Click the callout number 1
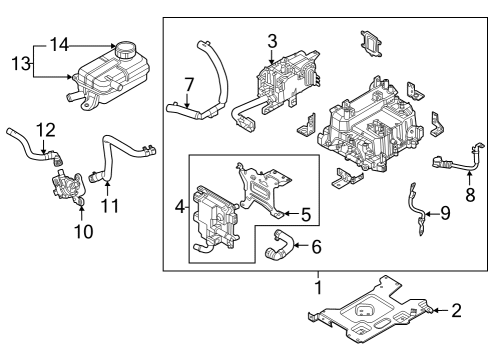tap(317, 287)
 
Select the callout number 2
tap(456, 311)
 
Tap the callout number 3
tap(271, 40)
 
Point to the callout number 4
tap(180, 207)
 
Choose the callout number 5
tap(307, 212)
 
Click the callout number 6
tap(316, 245)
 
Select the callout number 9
tap(446, 212)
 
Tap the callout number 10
tap(83, 231)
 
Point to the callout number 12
tap(45, 129)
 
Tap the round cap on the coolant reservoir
tap(127, 50)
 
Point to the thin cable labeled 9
tap(413, 210)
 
